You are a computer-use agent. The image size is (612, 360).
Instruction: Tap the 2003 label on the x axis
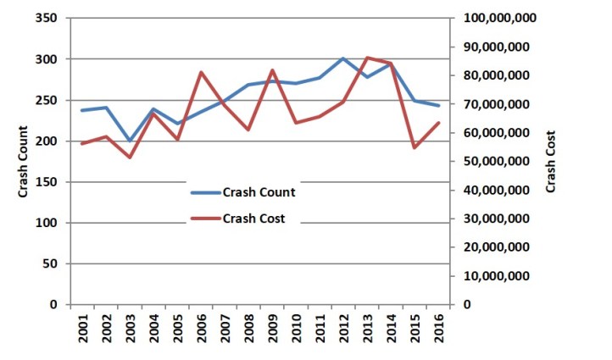click(130, 330)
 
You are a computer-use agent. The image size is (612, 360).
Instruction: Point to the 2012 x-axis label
click(342, 330)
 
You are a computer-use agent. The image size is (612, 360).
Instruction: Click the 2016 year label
click(437, 330)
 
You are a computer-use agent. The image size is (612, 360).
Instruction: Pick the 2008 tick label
click(248, 330)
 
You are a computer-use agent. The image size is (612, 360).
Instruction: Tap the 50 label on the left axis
click(48, 263)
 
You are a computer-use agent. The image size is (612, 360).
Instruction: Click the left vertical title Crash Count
click(23, 161)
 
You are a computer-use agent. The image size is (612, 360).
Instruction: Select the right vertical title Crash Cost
click(552, 161)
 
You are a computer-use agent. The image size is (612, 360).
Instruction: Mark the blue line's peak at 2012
click(342, 58)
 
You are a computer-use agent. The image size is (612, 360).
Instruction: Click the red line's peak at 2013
click(366, 58)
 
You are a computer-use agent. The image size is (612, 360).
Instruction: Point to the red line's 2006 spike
click(201, 72)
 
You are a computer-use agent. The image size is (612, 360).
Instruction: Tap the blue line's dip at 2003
click(130, 141)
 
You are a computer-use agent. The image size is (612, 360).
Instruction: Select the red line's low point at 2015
click(414, 148)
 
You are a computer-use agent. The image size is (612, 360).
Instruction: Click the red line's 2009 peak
click(272, 70)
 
